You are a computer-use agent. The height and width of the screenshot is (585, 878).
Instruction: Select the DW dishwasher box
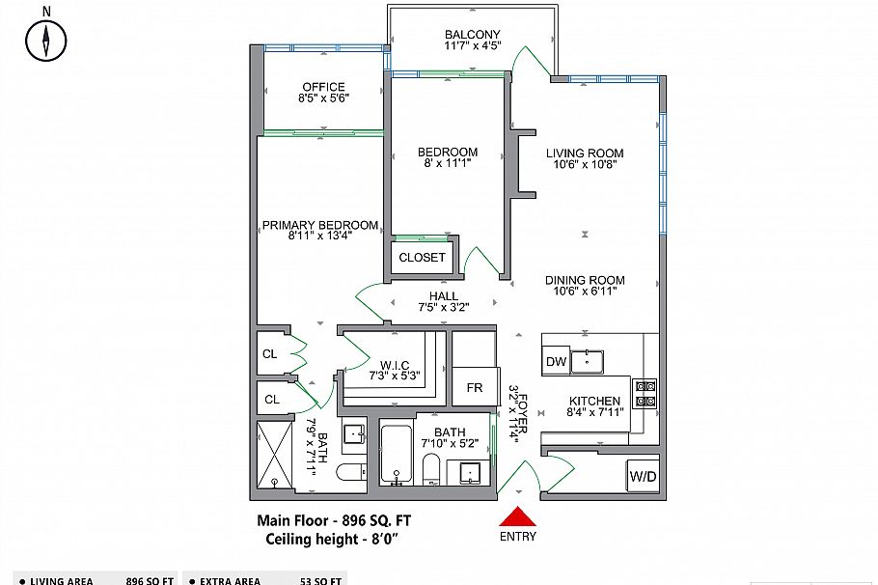(555, 362)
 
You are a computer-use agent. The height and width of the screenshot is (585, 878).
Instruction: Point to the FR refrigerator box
(475, 387)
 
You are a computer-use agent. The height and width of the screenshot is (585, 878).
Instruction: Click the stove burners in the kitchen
(645, 393)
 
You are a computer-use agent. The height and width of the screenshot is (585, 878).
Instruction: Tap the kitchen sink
(588, 361)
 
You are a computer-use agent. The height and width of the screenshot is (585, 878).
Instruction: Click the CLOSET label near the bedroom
(422, 258)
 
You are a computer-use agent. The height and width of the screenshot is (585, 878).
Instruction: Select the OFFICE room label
(323, 88)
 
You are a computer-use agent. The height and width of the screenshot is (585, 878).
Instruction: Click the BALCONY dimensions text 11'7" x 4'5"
(472, 46)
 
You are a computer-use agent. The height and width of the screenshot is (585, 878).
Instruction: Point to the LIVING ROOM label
(585, 153)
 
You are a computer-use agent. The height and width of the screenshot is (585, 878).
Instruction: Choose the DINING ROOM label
(585, 281)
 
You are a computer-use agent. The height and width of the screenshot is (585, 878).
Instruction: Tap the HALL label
(445, 296)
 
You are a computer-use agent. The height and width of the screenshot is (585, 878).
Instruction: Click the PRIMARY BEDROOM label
(307, 226)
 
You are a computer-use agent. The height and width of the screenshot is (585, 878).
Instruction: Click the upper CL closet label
(270, 354)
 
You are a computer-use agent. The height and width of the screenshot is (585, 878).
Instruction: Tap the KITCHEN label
(593, 401)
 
